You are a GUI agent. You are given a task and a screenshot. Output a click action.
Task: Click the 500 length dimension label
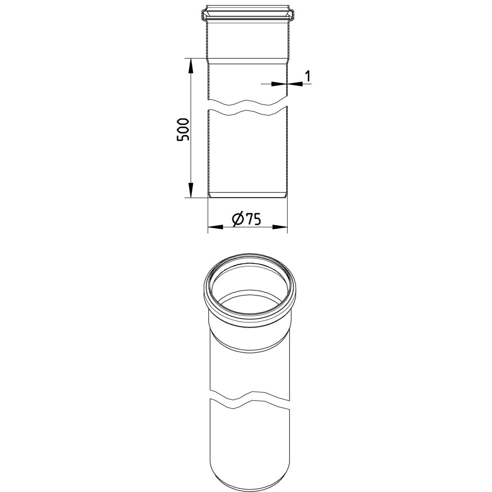pos(183,129)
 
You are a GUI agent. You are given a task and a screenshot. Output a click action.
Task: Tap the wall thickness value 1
pos(308,76)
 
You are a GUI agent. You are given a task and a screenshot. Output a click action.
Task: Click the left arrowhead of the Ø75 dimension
pos(215,227)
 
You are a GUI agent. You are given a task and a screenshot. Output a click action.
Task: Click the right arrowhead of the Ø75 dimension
pos(280,227)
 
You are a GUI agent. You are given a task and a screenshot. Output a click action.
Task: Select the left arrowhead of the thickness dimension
pos(279,84)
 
